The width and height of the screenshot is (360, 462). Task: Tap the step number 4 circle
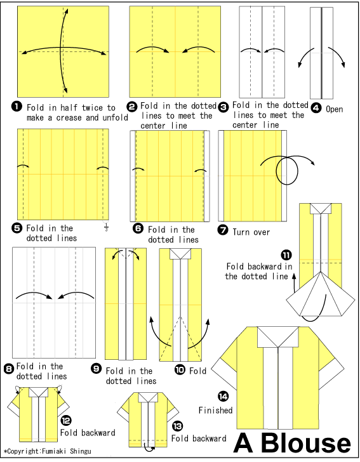tap(316, 109)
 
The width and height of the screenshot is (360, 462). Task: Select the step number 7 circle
tap(223, 231)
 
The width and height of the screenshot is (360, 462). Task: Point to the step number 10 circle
tap(180, 369)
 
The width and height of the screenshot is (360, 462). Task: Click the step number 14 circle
tap(223, 396)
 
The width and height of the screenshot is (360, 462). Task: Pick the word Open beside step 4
tap(335, 109)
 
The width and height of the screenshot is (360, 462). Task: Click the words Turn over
tap(251, 232)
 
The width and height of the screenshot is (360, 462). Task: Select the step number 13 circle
tap(177, 426)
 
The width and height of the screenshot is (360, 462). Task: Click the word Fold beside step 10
tap(198, 371)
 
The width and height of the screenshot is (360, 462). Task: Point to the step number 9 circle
tap(97, 370)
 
